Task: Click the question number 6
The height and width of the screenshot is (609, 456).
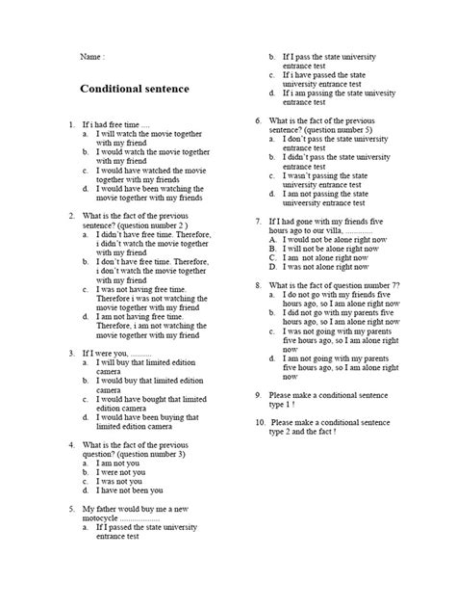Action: pos(258,121)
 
